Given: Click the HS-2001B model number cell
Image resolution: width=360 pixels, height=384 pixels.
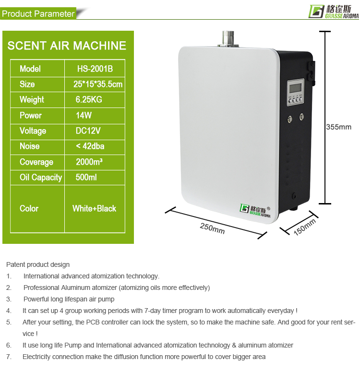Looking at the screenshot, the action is point(95,69).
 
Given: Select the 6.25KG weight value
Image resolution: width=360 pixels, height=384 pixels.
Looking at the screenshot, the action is point(89,99).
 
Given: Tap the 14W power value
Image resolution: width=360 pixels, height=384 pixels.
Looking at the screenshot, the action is point(84,115).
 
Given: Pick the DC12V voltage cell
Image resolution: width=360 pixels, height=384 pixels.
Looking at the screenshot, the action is point(88,131).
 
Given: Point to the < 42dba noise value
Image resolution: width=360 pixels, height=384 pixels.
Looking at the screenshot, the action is point(90,146).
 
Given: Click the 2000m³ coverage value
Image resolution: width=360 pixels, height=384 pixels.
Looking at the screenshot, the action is point(89,162).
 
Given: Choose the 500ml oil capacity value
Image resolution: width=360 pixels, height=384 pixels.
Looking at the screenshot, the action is point(86,177).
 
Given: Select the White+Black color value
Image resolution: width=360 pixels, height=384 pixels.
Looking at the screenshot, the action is point(94,208).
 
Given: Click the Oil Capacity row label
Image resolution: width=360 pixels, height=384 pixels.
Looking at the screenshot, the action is point(41,178).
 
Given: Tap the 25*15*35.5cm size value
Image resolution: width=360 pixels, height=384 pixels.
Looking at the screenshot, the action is point(98,84).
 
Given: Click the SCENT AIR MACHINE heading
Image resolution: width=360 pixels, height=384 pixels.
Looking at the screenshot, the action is point(67,46).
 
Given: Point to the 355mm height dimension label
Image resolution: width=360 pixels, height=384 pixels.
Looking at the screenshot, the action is point(339,127).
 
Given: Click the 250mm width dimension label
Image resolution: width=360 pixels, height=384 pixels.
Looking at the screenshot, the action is point(212,228).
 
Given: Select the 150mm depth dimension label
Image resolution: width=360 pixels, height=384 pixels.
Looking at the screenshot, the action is point(305,227).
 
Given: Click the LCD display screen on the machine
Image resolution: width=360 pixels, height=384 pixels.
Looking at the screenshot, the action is point(296,88).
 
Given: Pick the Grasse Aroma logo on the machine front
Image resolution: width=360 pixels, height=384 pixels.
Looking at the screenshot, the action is point(255,211).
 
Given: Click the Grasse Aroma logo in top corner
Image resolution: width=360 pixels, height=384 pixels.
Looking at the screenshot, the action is point(334,12).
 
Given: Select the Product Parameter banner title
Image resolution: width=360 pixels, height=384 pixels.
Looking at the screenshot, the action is point(38,14).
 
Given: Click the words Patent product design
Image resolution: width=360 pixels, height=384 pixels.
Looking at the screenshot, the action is point(38,264).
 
